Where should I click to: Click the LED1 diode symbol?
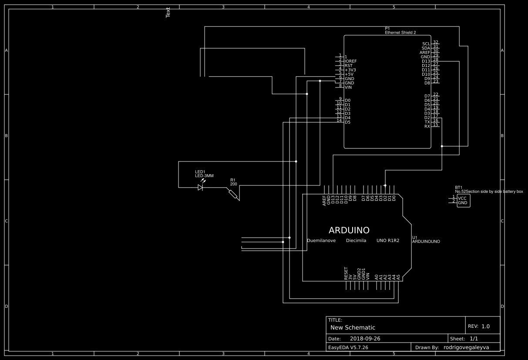[x=200, y=187]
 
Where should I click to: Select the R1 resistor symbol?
[x=234, y=194]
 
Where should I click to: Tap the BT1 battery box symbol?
[x=463, y=201]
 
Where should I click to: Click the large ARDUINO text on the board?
[x=349, y=230]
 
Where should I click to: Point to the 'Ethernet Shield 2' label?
[x=400, y=33]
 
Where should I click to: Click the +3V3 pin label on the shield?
[x=350, y=70]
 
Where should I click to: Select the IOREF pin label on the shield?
[x=351, y=61]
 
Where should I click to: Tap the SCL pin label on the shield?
[x=426, y=44]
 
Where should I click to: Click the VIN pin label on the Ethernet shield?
[x=348, y=87]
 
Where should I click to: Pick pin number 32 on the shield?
[x=435, y=42]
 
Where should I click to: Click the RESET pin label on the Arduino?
[x=346, y=273]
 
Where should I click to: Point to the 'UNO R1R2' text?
[x=388, y=241]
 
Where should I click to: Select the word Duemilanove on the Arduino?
[x=321, y=241]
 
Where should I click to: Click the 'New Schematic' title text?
[x=353, y=327]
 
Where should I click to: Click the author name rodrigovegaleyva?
[x=466, y=347]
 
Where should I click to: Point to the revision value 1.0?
[x=485, y=326]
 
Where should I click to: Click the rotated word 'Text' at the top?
[x=168, y=13]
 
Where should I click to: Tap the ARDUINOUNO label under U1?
[x=426, y=242]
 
